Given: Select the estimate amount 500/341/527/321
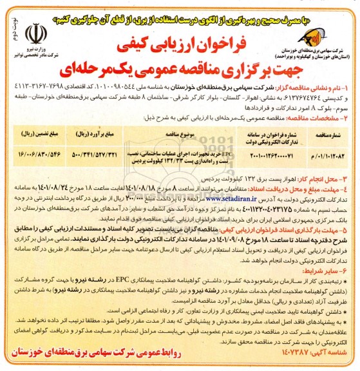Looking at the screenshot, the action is [x=96, y=154].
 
